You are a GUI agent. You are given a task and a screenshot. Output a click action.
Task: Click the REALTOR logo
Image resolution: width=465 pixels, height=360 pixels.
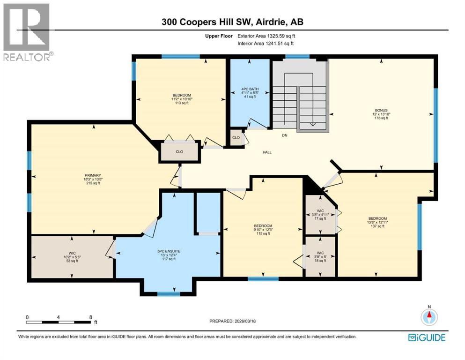point(27,31)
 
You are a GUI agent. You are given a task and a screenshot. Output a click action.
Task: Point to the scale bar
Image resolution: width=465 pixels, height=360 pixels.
point(59,322)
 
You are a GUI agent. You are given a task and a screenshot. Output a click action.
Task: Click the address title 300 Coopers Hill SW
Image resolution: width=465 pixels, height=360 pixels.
point(232,22)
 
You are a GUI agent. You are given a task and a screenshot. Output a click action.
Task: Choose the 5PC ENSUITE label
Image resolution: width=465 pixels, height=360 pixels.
point(169,255)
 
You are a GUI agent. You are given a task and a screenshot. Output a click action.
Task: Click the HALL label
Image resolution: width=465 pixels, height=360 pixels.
point(267,152)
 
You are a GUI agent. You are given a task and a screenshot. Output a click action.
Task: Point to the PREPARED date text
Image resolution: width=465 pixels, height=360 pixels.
point(232,321)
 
